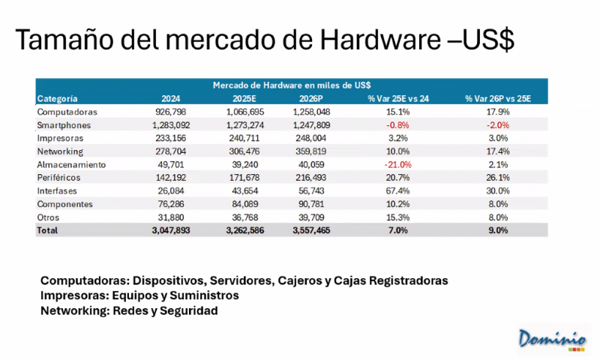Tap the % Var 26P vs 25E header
(497, 97)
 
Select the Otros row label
(49, 217)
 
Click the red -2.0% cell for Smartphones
(498, 124)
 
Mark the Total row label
(47, 231)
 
